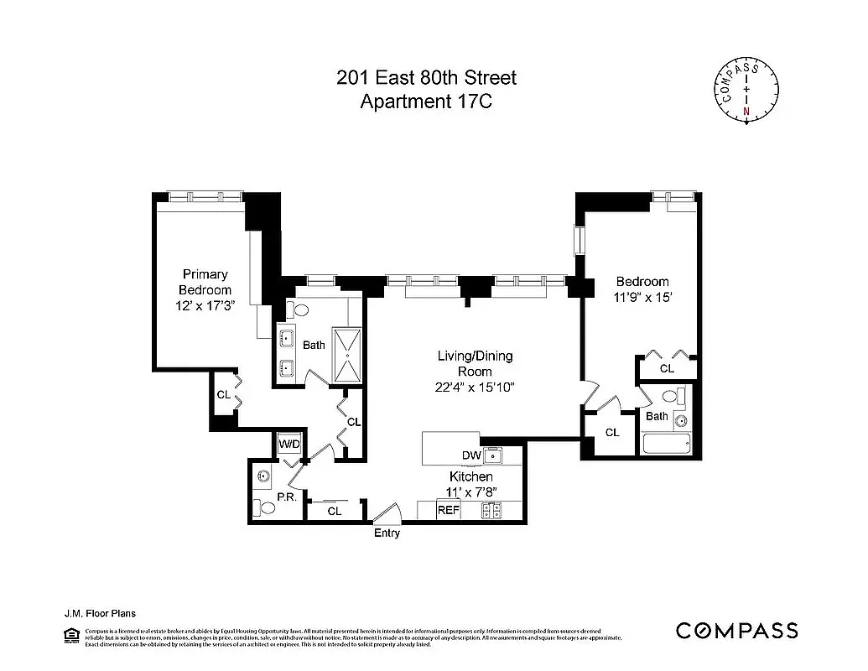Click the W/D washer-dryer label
pos(288,442)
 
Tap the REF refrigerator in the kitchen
pos(448,510)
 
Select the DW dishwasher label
pos(470,455)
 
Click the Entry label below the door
pos(387,533)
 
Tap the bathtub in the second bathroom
pos(664,444)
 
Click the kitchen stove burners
pos(491,509)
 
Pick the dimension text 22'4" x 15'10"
pos(475,387)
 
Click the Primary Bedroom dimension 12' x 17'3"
pos(205,306)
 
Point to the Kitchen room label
pos(470,476)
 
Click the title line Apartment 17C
pos(426,102)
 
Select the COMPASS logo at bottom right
pos(736,631)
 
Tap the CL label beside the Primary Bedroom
pos(223,394)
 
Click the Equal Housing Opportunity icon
pos(71,637)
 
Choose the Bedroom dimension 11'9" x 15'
pos(642,297)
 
